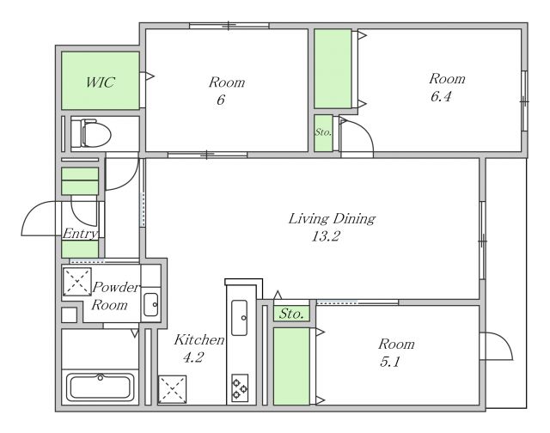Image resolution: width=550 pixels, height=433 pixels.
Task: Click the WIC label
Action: [100, 82]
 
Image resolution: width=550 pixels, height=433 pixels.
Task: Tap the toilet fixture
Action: [91, 133]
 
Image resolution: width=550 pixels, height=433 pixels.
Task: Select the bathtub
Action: [101, 387]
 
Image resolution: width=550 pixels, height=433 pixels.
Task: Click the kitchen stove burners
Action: [240, 388]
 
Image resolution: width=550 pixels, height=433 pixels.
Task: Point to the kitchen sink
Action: [239, 318]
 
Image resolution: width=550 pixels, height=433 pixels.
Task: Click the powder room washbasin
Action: [151, 304]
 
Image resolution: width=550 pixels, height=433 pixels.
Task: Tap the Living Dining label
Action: [332, 219]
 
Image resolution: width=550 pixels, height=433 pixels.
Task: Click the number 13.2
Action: [326, 236]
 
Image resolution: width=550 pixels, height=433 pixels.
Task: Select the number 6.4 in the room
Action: [441, 96]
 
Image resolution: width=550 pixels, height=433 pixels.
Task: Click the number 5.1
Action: [389, 362]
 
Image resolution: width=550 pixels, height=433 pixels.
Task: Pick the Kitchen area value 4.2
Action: [193, 357]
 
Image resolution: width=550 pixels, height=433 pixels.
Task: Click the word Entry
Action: [80, 234]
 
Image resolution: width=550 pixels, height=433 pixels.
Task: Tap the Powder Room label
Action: [114, 296]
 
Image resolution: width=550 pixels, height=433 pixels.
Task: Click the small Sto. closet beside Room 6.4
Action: [323, 133]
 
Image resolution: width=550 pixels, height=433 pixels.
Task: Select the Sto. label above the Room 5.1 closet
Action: [291, 314]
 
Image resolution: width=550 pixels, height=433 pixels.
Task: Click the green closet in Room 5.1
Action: [291, 366]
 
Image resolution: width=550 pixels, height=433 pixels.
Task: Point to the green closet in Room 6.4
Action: [333, 69]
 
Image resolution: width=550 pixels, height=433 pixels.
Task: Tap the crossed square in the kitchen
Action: [172, 389]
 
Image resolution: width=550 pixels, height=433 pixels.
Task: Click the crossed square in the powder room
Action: [76, 282]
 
